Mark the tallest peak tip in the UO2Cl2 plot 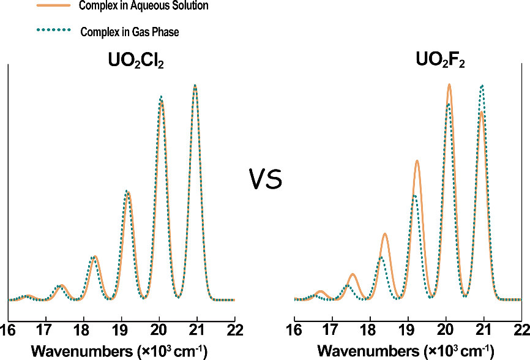(195, 85)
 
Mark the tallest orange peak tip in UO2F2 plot (449, 84)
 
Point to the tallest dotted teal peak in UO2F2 (482, 86)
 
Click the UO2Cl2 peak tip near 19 (127, 192)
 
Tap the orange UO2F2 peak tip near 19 (417, 160)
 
